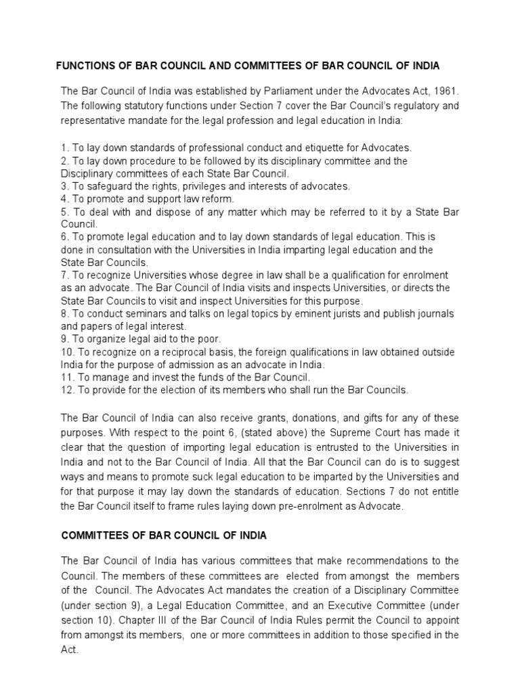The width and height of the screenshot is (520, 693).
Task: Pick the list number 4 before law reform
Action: tap(64, 199)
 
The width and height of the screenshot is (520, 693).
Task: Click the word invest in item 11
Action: tap(151, 378)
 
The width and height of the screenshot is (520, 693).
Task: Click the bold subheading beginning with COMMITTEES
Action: tap(164, 535)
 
